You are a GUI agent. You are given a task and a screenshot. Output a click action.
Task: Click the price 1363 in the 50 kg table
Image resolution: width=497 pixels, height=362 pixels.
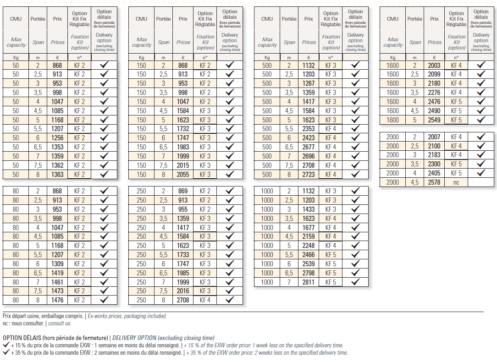point(57,175)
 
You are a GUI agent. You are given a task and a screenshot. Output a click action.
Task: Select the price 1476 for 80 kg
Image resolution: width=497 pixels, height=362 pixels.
point(57,300)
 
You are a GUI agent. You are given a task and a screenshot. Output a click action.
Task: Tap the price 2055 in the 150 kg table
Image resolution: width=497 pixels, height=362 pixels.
point(183,175)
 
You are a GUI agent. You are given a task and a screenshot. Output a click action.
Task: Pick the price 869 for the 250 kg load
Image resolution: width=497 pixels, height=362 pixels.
point(183,191)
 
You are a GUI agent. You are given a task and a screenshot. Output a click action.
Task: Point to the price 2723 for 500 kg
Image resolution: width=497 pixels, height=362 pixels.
point(309,175)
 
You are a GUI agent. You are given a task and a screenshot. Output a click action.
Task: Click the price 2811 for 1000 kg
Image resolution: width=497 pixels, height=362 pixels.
point(309,282)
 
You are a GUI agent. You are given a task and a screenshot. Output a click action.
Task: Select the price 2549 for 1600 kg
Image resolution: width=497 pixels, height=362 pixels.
point(434,120)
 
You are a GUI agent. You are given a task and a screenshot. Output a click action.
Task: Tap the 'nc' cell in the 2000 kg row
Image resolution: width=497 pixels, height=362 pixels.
point(456,182)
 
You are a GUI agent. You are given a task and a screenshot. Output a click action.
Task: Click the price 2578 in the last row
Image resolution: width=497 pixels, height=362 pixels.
point(434,182)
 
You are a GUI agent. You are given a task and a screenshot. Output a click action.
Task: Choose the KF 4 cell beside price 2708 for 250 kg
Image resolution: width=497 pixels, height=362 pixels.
point(205,300)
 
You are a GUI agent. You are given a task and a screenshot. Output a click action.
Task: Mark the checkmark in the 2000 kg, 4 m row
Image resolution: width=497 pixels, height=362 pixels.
point(481,173)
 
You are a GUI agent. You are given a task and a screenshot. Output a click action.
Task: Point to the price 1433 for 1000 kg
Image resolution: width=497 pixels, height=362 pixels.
point(309,209)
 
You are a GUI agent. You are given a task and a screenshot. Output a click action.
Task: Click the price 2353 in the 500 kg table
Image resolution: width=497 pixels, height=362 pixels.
point(309,129)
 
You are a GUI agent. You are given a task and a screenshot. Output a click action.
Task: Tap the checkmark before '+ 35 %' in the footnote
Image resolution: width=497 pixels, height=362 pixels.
point(6,352)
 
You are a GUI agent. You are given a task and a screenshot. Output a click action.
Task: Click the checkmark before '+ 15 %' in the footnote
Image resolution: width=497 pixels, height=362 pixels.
point(6,345)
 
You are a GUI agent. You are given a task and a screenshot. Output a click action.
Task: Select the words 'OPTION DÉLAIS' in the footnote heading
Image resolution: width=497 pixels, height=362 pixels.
point(22,338)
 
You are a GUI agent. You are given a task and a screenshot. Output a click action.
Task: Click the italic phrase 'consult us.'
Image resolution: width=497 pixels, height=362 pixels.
point(60,324)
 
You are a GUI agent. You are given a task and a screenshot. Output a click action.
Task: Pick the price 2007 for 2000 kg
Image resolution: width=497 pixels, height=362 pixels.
point(434,137)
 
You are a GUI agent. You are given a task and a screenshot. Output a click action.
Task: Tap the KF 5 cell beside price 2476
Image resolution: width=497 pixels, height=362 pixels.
point(457,102)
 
